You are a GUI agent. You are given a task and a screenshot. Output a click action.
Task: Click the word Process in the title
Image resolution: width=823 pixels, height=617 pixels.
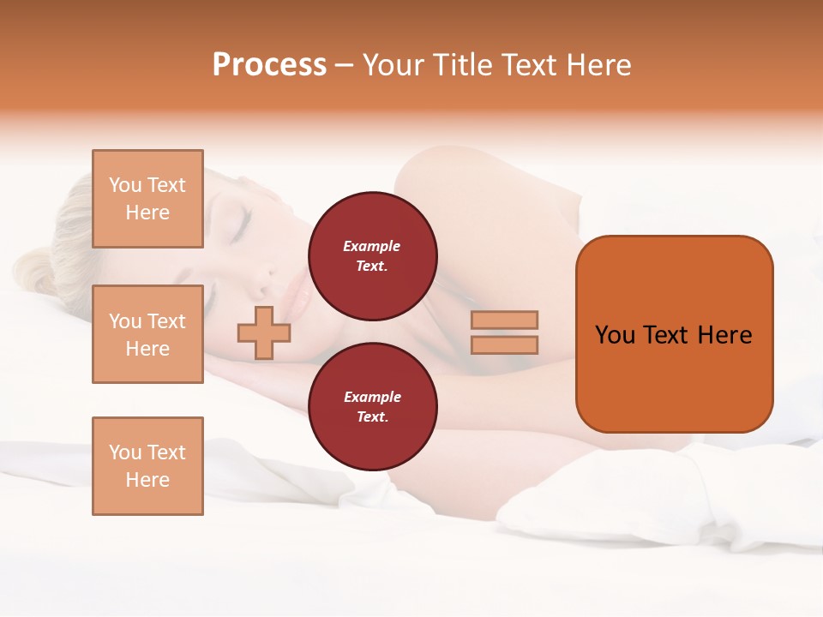click(x=269, y=65)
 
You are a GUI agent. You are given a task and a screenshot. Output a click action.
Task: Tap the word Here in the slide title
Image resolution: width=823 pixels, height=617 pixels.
click(x=598, y=65)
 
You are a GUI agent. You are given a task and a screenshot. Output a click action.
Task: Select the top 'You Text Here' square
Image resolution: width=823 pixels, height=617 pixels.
click(x=147, y=199)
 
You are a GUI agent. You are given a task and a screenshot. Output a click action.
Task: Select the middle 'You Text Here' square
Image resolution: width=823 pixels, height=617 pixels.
click(x=147, y=334)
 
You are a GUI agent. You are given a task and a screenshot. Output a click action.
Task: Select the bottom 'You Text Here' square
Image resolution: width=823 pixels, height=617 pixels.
click(x=147, y=465)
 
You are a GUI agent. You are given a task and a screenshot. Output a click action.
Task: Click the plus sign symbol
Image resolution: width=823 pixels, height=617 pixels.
click(x=264, y=332)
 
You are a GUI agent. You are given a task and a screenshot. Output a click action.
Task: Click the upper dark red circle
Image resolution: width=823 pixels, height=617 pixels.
click(x=373, y=256)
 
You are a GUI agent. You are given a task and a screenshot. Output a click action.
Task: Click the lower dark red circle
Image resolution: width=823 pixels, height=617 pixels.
click(x=373, y=407)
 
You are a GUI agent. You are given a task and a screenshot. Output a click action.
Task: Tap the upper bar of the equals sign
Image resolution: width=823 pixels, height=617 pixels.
click(x=504, y=320)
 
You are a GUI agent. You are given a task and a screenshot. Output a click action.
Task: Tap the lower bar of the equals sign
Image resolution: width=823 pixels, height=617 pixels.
click(x=504, y=344)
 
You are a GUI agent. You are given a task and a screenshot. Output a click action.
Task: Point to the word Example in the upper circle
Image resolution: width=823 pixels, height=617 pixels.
click(x=372, y=246)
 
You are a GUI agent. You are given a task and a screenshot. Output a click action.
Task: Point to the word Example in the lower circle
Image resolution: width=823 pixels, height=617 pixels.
click(x=372, y=397)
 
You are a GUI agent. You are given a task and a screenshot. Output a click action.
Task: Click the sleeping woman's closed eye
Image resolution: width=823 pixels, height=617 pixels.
click(x=237, y=224)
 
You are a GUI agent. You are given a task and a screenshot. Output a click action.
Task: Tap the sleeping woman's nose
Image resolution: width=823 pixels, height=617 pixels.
click(x=273, y=273)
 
